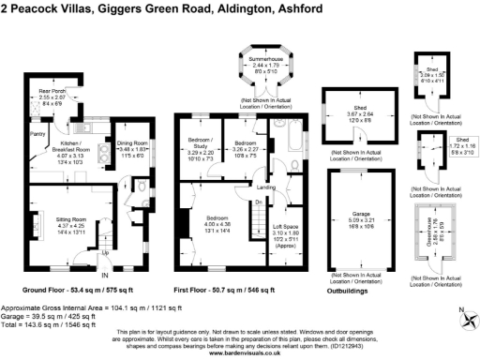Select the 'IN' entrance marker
click(x=104, y=276)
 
